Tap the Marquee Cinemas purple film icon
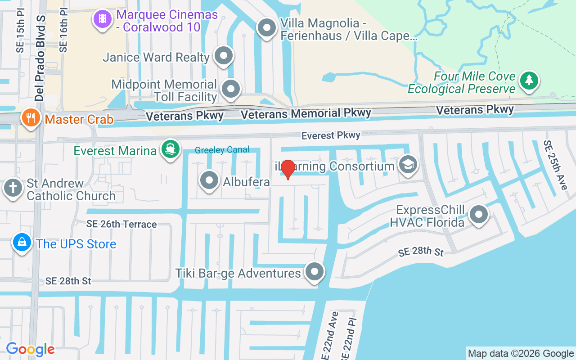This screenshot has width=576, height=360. point(103,18)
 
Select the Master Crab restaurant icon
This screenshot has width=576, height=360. point(31,118)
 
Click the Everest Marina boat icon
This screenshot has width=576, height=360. point(170,149)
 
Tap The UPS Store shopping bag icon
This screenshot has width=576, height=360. point(22,243)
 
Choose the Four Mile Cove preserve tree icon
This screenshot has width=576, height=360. point(529,81)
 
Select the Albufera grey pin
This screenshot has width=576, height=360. point(209,181)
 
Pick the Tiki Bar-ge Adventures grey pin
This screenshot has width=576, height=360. point(315,272)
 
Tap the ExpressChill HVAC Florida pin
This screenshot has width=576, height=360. point(478,214)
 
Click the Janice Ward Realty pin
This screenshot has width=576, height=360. point(224,56)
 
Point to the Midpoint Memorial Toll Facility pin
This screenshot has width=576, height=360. point(231,89)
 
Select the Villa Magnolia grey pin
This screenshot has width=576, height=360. point(266,28)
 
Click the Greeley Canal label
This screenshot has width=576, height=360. point(222,150)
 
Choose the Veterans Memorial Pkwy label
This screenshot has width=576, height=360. point(306,114)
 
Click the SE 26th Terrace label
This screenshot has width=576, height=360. point(122,224)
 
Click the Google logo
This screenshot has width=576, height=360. point(30,349)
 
